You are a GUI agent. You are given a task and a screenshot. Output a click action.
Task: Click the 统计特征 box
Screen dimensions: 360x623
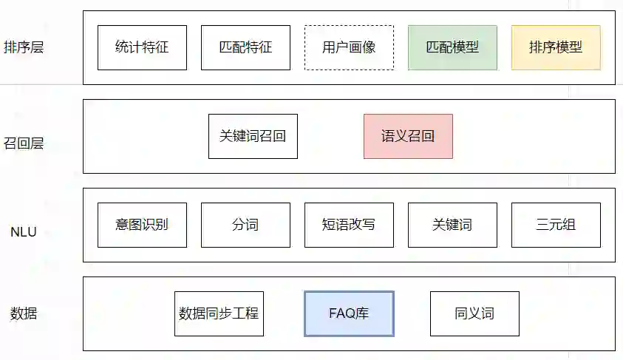(x=142, y=48)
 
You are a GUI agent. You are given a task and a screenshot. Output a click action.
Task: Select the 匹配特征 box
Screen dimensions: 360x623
(x=245, y=48)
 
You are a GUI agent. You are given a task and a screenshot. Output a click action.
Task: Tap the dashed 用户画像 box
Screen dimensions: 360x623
(x=349, y=48)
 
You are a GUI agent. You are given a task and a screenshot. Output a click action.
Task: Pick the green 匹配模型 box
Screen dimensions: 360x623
(x=452, y=48)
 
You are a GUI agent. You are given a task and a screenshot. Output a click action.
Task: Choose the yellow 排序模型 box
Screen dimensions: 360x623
(x=556, y=48)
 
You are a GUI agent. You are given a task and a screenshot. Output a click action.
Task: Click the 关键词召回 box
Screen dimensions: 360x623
(x=253, y=137)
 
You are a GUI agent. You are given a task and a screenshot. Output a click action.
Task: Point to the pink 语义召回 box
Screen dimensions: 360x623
(x=408, y=137)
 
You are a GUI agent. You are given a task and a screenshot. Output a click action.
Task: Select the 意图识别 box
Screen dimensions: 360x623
(x=142, y=225)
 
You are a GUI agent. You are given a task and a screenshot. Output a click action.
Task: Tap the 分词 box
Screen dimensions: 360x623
(x=245, y=225)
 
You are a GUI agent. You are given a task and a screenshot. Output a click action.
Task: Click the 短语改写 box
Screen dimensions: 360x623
(x=349, y=225)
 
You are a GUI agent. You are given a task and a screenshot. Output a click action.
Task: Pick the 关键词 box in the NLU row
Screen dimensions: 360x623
(x=452, y=225)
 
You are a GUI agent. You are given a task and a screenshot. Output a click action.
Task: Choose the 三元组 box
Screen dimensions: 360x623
(x=556, y=225)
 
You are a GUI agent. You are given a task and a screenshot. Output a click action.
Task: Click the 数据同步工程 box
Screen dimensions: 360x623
(x=219, y=313)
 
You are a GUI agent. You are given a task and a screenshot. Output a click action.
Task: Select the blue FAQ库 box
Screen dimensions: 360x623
(x=349, y=313)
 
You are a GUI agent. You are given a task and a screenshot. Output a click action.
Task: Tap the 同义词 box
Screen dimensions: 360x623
(x=474, y=313)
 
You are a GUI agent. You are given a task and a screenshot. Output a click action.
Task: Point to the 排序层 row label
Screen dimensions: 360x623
(x=24, y=48)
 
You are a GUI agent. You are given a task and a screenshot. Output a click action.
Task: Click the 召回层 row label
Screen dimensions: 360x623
(x=24, y=143)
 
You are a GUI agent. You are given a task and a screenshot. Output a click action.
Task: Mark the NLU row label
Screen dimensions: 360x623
(x=24, y=232)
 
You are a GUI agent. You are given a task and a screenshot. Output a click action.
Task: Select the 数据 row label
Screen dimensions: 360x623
(x=24, y=313)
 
